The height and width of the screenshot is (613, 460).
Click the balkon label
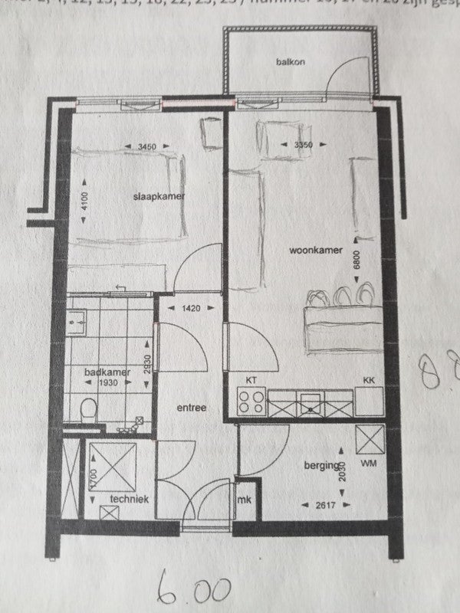(285, 62)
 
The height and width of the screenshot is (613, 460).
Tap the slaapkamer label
(160, 197)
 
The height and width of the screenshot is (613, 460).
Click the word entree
(191, 408)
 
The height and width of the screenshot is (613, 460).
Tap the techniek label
(128, 500)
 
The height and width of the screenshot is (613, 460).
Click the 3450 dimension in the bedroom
(146, 146)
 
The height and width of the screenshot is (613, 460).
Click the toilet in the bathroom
(88, 408)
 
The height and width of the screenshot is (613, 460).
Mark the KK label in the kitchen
(368, 380)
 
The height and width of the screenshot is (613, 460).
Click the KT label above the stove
(250, 380)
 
